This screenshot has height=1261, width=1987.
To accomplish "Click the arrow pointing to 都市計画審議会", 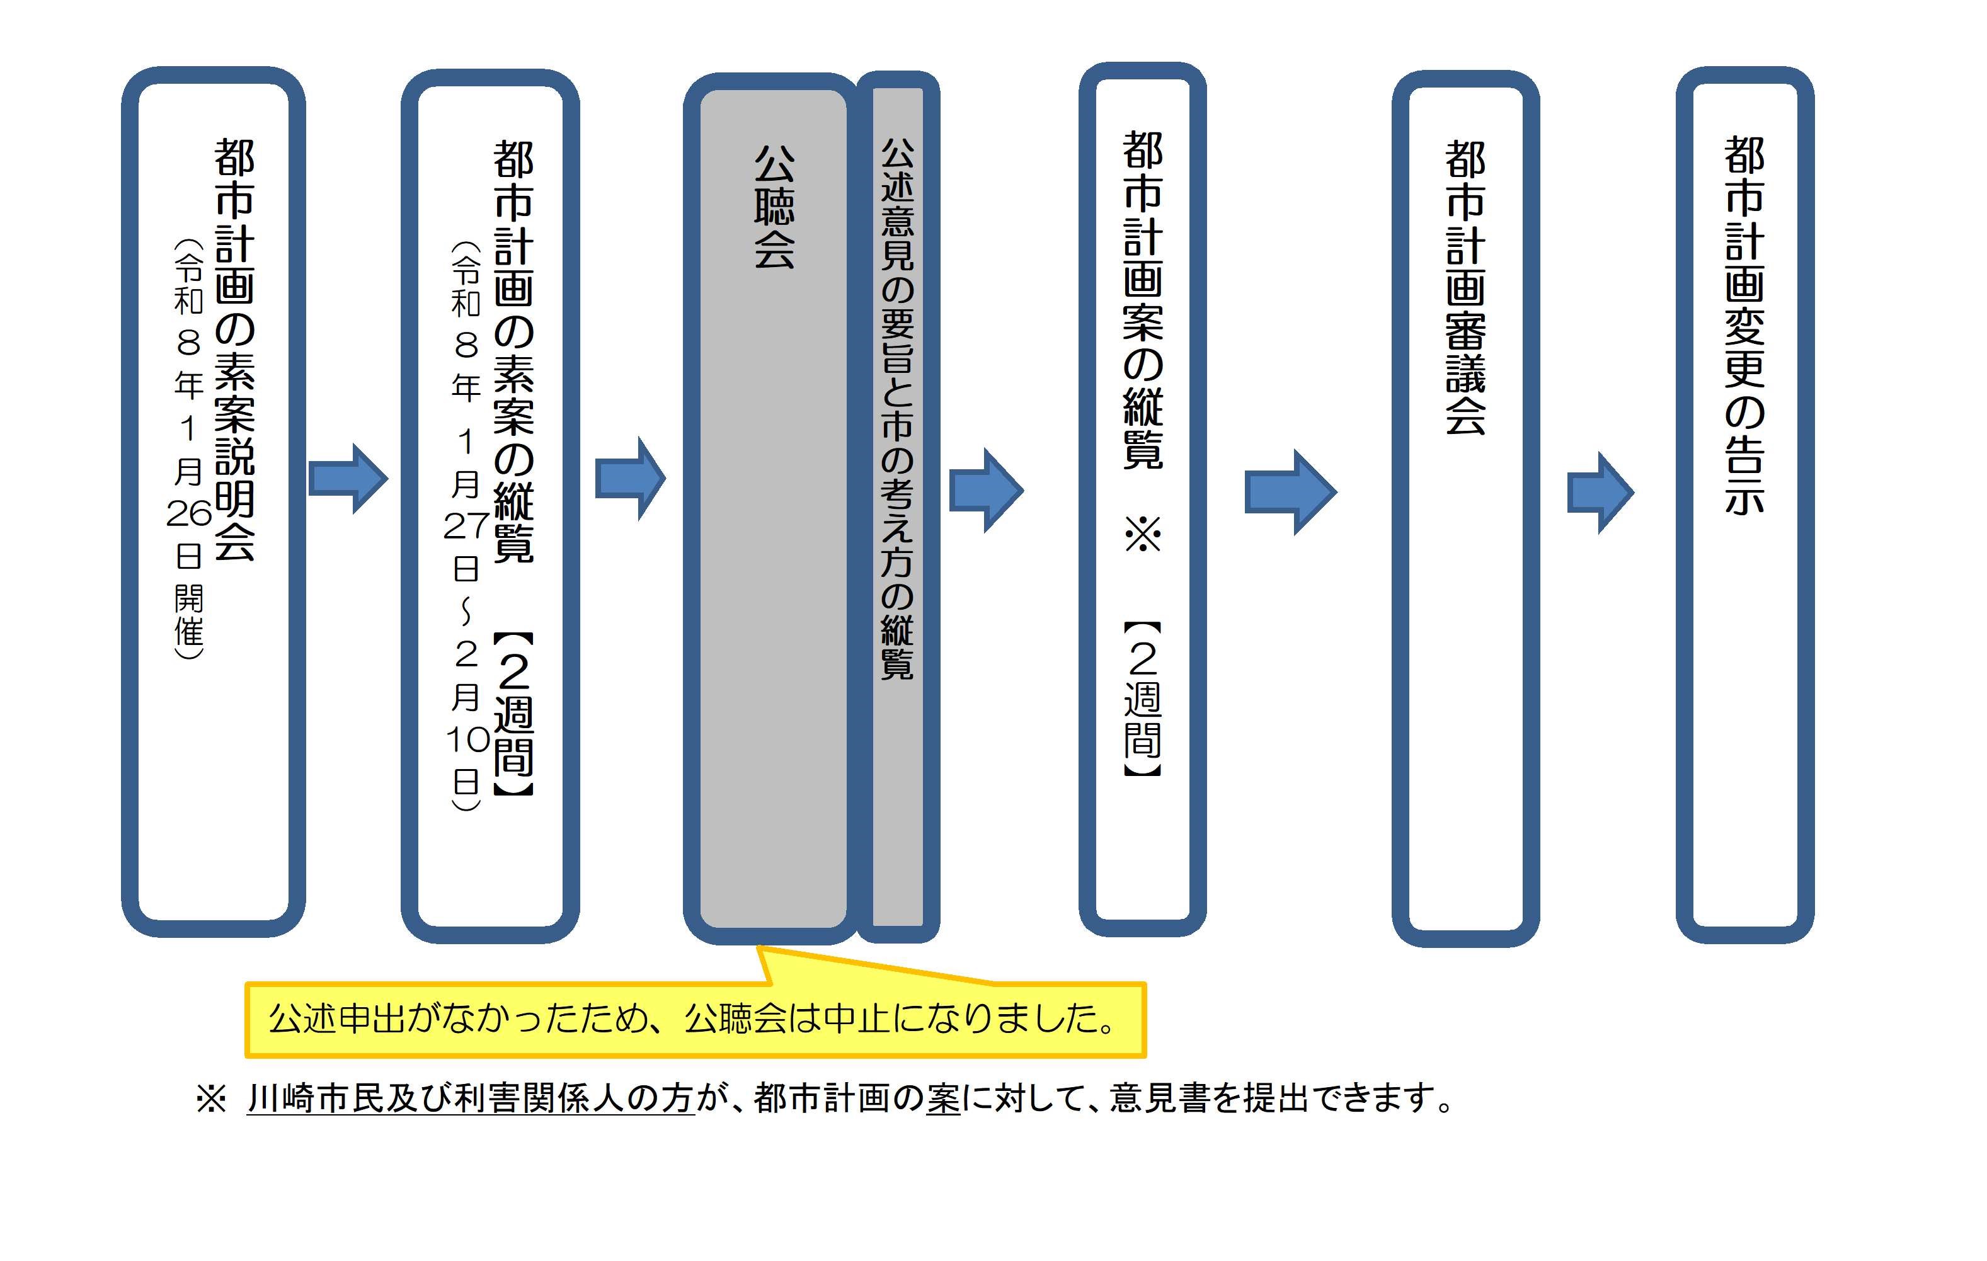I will point(1290,492).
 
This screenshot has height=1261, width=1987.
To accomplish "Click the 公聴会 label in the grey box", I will point(774,207).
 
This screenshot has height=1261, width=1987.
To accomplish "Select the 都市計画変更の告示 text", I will point(1744,326).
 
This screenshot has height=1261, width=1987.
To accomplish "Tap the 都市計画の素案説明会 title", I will point(234,350).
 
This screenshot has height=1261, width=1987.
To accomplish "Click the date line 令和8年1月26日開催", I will point(189,449).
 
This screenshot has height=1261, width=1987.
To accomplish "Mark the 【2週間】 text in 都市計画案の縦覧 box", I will point(1143,700).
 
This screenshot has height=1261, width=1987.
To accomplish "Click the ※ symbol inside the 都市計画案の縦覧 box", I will point(1143,535).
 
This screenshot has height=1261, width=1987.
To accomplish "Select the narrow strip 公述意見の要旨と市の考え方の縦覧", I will point(898,409).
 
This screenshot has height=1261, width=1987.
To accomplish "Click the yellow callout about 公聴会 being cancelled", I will point(695,1019).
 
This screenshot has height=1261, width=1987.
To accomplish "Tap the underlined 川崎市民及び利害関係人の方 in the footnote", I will point(471,1099).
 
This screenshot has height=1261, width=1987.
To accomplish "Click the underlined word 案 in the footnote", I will point(943,1099).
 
